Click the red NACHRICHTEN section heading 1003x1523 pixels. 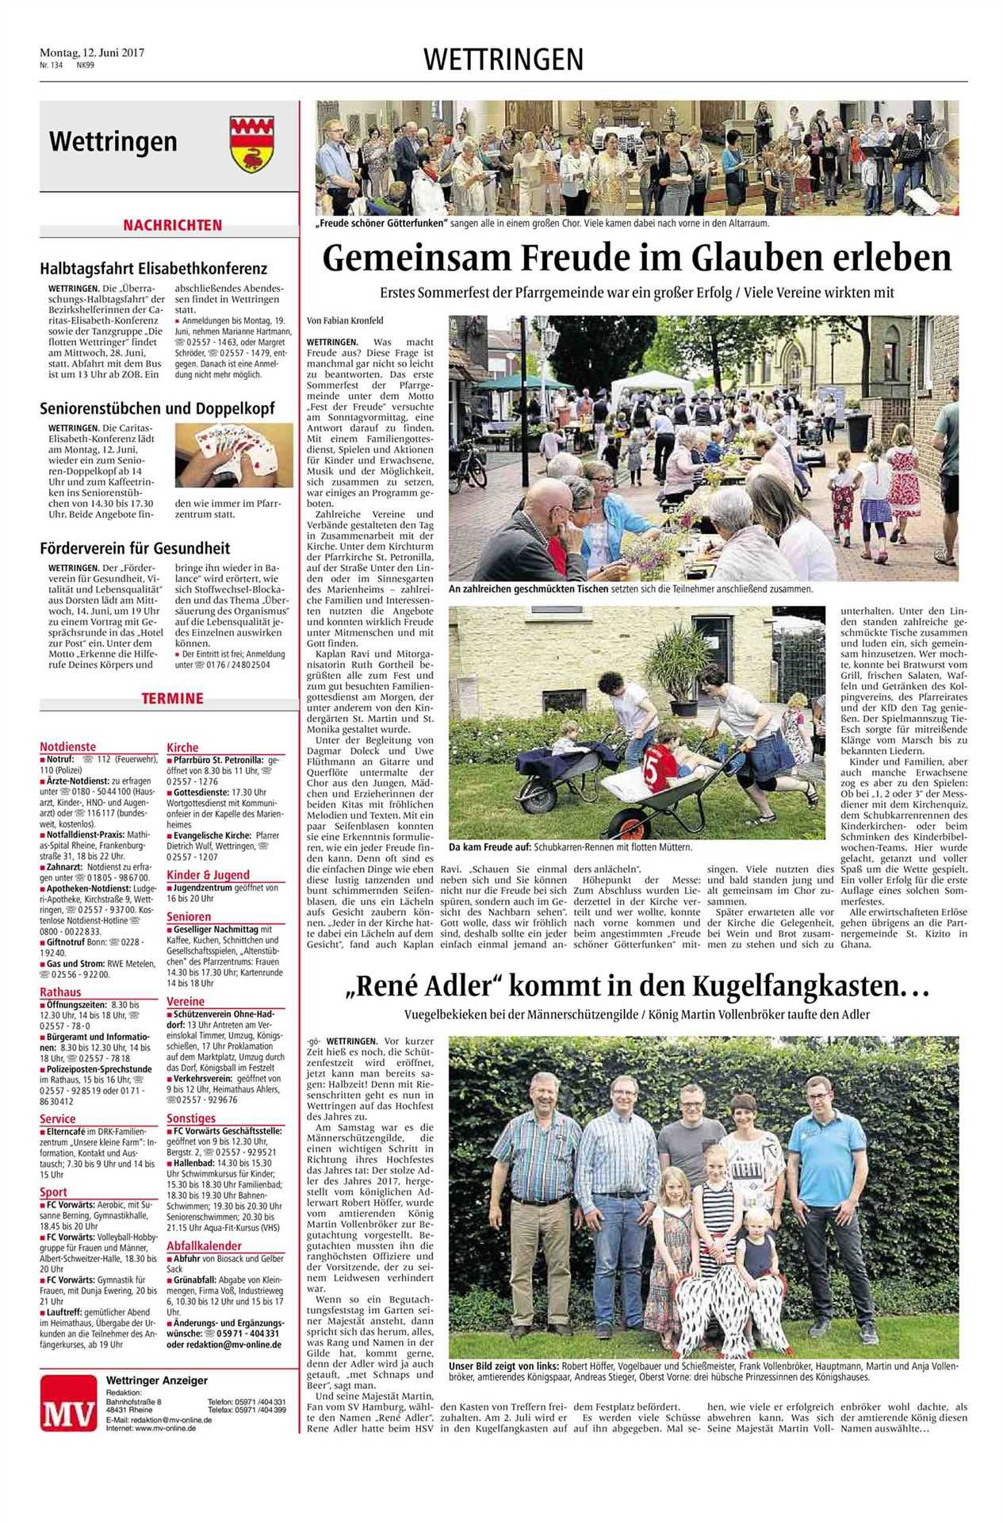coord(171,225)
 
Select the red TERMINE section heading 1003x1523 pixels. coord(172,699)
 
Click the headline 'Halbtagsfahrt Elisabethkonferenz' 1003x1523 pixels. coord(154,269)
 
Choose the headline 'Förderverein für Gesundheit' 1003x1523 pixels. coord(135,548)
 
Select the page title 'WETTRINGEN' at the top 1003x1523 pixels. coord(503,59)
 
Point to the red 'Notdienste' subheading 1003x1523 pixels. coord(67,746)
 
